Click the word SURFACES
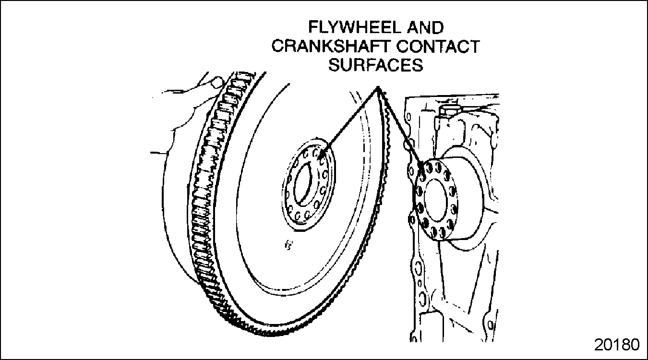375,65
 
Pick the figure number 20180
617,345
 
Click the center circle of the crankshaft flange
437,196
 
